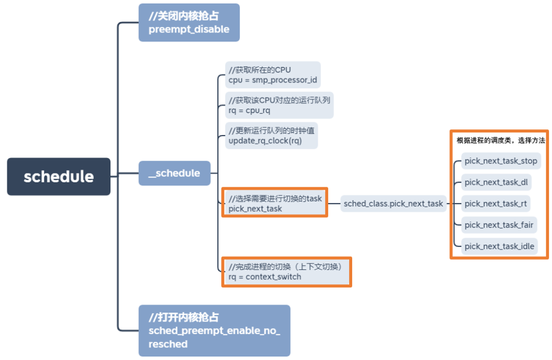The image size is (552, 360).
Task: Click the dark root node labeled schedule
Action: (x=59, y=176)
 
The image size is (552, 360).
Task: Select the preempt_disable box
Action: (x=189, y=22)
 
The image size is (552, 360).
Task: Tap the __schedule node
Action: (x=174, y=173)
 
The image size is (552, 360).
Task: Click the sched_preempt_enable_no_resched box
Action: (x=214, y=330)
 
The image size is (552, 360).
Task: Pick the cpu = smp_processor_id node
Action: (x=273, y=75)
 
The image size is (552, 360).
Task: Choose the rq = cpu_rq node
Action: (x=279, y=105)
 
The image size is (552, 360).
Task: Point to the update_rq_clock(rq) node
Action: (x=271, y=136)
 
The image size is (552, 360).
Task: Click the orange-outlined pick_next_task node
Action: (x=274, y=203)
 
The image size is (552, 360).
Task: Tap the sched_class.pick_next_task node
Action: (x=393, y=204)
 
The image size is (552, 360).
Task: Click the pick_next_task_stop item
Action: (x=500, y=161)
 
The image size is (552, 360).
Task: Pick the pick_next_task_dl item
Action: (x=496, y=182)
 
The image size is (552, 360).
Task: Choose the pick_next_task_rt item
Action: (x=495, y=204)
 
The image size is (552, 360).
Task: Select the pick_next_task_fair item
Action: (x=499, y=224)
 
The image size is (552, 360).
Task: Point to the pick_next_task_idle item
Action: (x=499, y=246)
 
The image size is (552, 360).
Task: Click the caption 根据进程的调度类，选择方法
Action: (x=500, y=140)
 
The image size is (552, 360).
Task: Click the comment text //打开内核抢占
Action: (x=184, y=318)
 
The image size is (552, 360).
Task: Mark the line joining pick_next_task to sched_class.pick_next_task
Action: (x=334, y=204)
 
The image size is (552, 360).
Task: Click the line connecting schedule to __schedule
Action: (x=125, y=174)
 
